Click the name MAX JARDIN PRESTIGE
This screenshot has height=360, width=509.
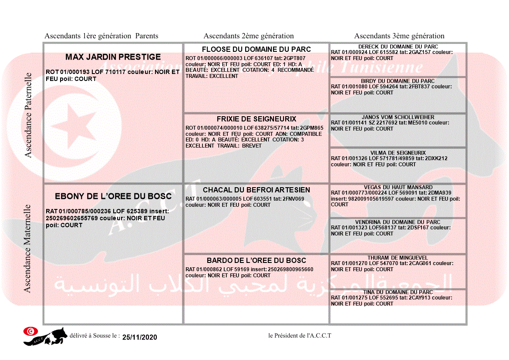(x=113, y=57)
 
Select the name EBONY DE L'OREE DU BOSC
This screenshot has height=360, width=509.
(x=113, y=196)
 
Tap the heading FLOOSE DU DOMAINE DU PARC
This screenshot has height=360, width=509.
(x=256, y=49)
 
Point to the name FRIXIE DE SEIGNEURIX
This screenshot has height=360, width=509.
(x=256, y=119)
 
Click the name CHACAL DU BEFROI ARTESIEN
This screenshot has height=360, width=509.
(x=256, y=190)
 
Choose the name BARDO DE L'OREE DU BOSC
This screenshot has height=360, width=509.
(x=256, y=260)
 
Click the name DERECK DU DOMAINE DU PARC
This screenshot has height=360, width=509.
(x=398, y=47)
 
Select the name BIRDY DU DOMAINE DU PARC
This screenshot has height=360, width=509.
(x=398, y=81)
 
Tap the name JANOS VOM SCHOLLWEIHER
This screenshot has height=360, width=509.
(x=398, y=117)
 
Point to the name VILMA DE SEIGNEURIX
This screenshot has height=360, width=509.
(x=398, y=153)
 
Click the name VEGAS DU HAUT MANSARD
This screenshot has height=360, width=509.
(x=398, y=187)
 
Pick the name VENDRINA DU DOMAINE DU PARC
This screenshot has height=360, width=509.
(x=398, y=222)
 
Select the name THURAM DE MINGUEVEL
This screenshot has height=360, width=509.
(x=398, y=258)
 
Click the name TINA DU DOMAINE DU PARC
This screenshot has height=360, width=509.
(x=398, y=292)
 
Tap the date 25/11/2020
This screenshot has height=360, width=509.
(x=139, y=337)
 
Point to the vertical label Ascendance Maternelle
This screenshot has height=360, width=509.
(x=27, y=249)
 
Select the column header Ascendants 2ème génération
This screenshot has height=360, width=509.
(x=249, y=36)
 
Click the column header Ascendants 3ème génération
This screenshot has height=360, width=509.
(x=399, y=36)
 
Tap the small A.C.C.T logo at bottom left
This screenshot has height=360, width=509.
(x=45, y=336)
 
